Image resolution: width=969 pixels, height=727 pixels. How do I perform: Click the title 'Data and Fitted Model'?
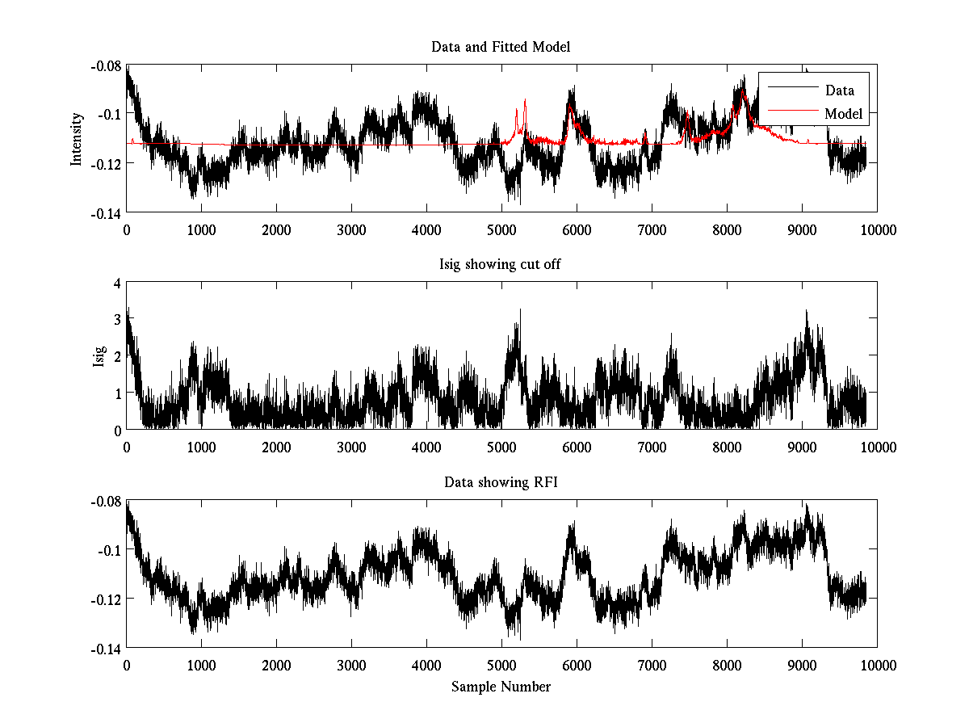tap(501, 47)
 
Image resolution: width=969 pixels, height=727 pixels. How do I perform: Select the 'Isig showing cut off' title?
tap(501, 265)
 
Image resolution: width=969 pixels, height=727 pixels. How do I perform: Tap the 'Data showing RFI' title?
tap(501, 482)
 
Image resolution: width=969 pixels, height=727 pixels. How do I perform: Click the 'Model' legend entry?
tap(843, 114)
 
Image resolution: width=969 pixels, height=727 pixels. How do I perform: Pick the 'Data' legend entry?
tap(839, 90)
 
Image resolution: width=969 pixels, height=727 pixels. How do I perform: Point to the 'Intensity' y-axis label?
tap(77, 138)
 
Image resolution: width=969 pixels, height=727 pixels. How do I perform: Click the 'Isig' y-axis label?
tap(99, 356)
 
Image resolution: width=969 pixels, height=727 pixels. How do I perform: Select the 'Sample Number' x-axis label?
tap(501, 687)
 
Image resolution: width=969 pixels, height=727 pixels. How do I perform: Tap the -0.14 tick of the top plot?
tap(107, 213)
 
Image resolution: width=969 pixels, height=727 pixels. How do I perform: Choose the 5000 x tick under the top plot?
tap(501, 229)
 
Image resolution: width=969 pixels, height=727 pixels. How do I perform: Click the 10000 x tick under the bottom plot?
tap(877, 665)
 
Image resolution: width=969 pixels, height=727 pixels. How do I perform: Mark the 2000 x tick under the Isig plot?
tap(276, 447)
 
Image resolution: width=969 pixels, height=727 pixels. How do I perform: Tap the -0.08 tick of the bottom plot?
tap(107, 502)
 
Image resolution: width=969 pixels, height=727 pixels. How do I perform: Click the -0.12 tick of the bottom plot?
tap(107, 599)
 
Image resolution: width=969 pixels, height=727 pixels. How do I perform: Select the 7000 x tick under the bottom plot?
tap(651, 665)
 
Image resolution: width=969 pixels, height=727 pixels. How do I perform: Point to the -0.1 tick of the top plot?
tap(110, 114)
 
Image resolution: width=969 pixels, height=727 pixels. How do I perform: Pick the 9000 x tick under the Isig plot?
tap(801, 447)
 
